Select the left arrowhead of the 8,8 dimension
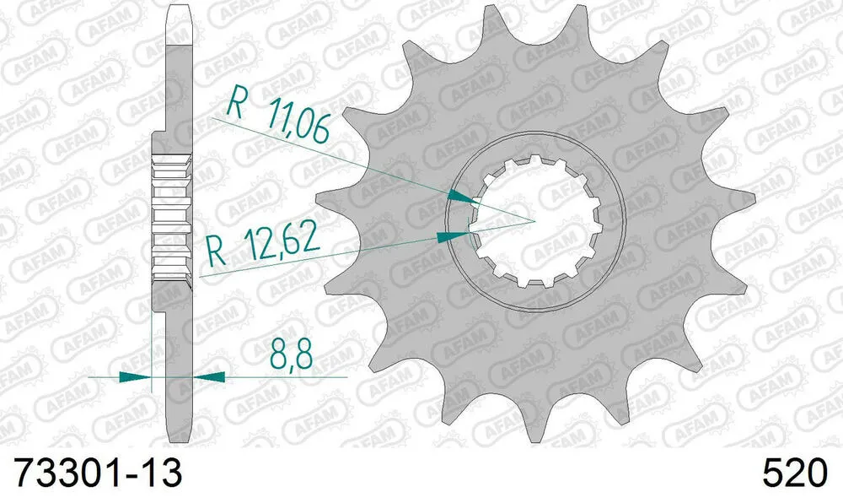coord(133,376)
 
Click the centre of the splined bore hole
coord(536,221)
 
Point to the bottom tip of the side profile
coord(174,439)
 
